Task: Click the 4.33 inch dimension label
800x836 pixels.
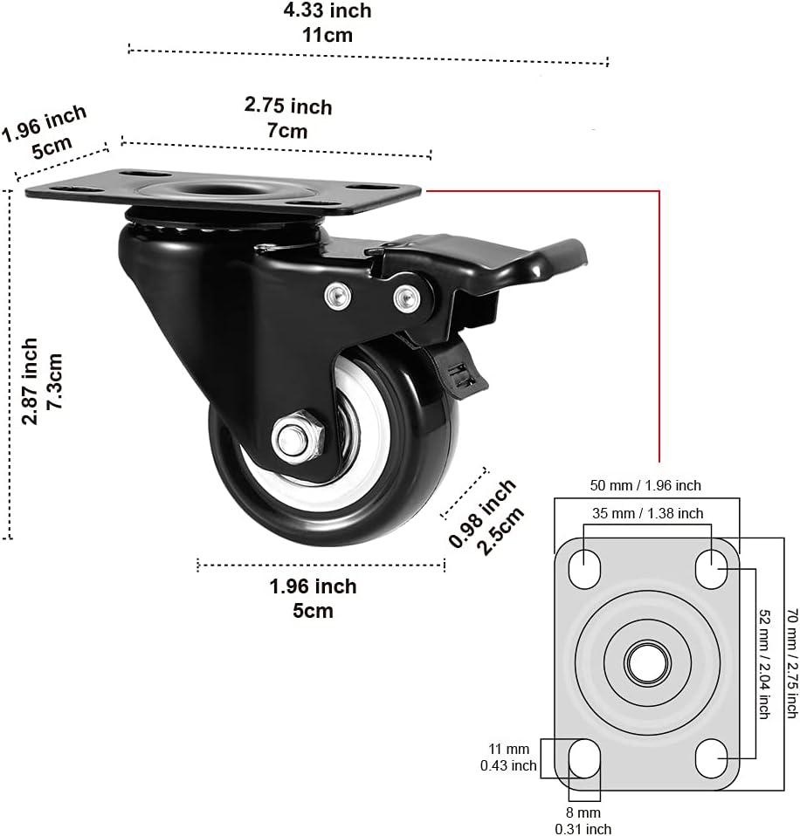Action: coord(328,23)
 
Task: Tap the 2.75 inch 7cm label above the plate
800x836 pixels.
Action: coord(288,118)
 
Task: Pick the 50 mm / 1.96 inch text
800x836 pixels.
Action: coord(646,485)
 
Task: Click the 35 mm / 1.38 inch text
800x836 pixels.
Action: coord(647,513)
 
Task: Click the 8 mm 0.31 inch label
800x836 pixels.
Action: coord(585,821)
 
